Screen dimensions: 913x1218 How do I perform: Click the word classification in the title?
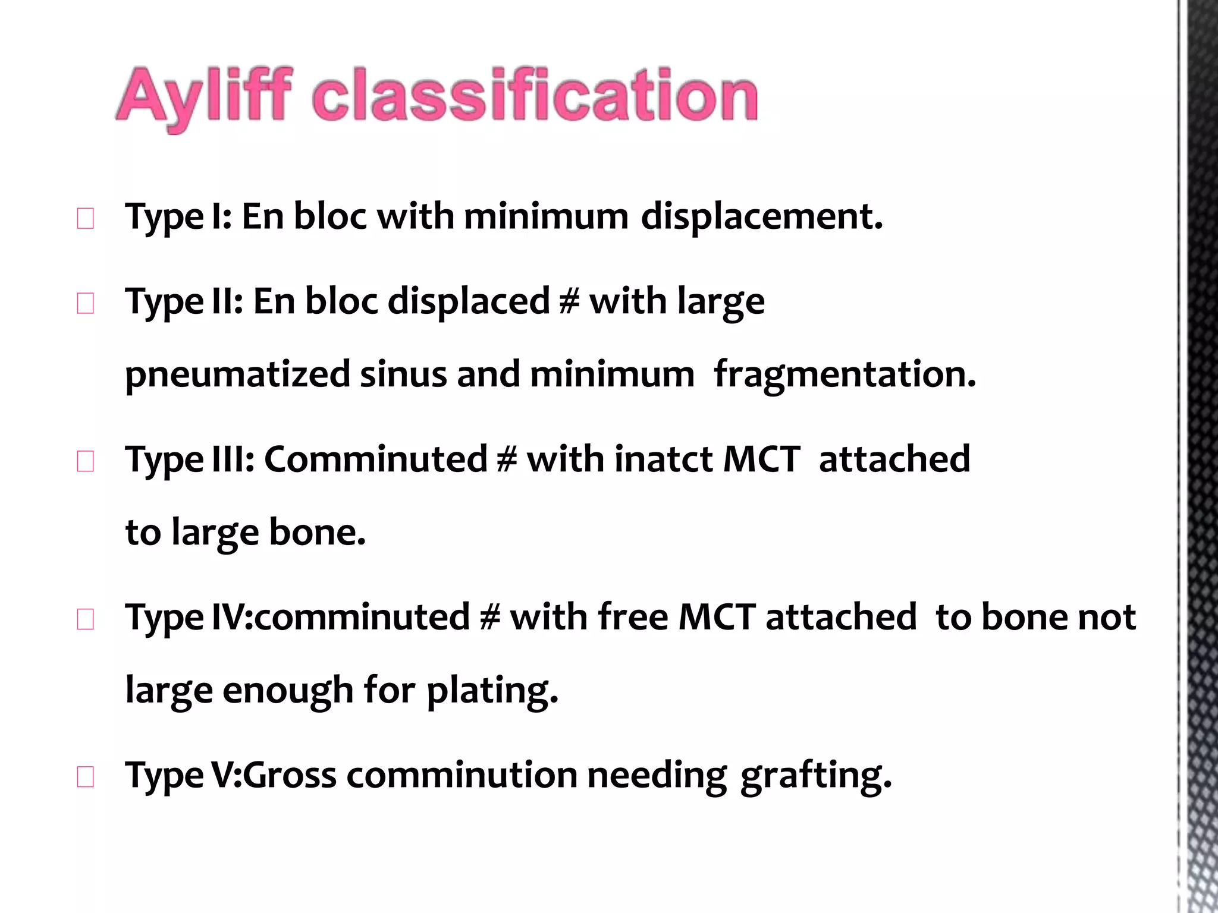point(535,95)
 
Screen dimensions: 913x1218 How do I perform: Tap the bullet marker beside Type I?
point(86,219)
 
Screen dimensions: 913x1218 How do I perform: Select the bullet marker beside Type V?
point(86,777)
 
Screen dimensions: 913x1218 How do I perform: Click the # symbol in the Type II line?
point(569,301)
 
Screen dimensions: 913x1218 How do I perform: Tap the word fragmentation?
point(845,374)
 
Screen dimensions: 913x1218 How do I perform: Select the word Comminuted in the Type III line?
point(376,459)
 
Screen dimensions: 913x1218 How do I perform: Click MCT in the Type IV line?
point(717,617)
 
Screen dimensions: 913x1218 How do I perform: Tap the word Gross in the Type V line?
point(290,776)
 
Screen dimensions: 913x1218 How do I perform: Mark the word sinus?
point(403,374)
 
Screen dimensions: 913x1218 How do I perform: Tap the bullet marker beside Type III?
point(86,462)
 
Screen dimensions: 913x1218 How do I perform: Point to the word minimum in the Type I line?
point(546,216)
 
